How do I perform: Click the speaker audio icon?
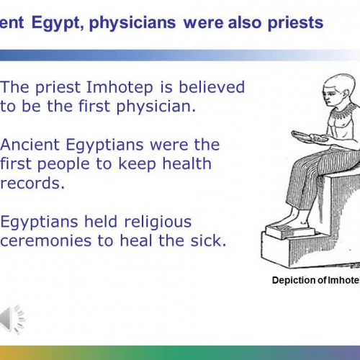(12, 318)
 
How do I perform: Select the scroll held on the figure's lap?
(305, 135)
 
